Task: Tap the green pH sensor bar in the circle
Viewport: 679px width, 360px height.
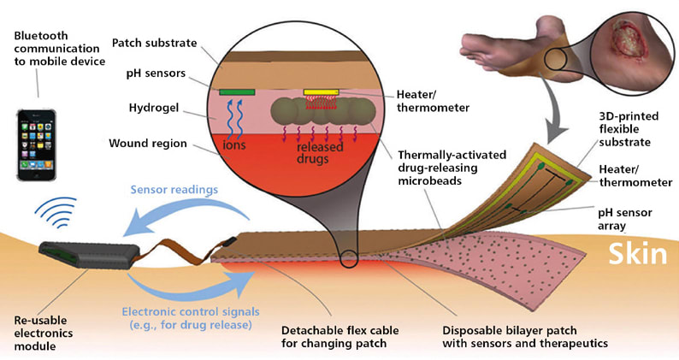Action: coord(237,91)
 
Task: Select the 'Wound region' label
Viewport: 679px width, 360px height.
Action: coord(147,143)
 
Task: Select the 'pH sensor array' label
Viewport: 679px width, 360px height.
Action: coord(630,221)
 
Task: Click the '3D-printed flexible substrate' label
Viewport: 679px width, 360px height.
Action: coord(629,129)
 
